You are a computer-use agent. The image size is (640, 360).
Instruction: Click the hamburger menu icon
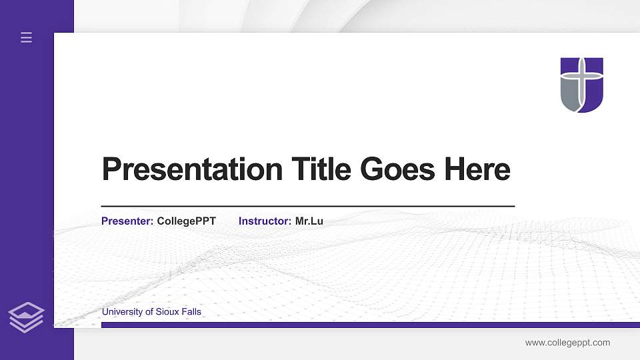pyautogui.click(x=26, y=37)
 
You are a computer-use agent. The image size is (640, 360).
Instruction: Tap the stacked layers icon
pyautogui.click(x=26, y=317)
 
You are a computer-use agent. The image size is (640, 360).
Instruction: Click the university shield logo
pyautogui.click(x=581, y=85)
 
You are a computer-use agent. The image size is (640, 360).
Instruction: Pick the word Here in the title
pyautogui.click(x=477, y=169)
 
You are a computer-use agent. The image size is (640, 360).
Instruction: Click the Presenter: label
pyautogui.click(x=127, y=221)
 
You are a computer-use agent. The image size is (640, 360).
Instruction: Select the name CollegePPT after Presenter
pyautogui.click(x=186, y=221)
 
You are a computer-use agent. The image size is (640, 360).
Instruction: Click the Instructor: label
pyautogui.click(x=265, y=221)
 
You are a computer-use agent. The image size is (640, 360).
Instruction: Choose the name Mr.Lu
pyautogui.click(x=309, y=221)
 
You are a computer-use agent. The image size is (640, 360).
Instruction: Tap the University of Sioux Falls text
pyautogui.click(x=151, y=311)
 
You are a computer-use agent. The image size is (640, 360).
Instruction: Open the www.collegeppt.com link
pyautogui.click(x=567, y=343)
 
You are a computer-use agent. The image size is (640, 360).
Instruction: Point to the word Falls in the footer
pyautogui.click(x=191, y=311)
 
